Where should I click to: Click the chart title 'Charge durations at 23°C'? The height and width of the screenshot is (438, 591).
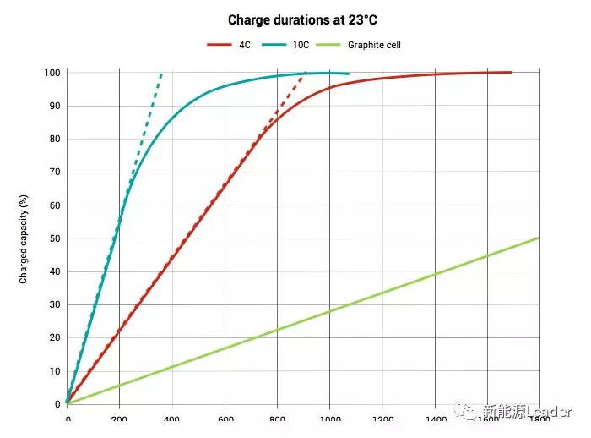point(295,19)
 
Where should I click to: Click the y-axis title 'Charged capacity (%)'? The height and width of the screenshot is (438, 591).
point(24,238)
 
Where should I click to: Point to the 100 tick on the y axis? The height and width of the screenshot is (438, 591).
point(52,73)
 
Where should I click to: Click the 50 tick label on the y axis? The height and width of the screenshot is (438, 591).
point(54,238)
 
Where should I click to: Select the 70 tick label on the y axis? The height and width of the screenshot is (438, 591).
point(54,172)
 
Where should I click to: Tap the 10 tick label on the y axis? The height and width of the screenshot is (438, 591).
point(54,371)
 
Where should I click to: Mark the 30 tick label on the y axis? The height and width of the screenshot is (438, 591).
point(54,305)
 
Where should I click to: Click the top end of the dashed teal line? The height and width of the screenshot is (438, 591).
point(161,74)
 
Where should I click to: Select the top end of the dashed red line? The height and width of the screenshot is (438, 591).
point(304,74)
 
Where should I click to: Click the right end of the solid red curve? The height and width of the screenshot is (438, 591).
point(511,73)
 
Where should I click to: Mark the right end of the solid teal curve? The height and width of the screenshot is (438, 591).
point(349,74)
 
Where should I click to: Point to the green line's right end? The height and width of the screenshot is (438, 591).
point(539,238)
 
